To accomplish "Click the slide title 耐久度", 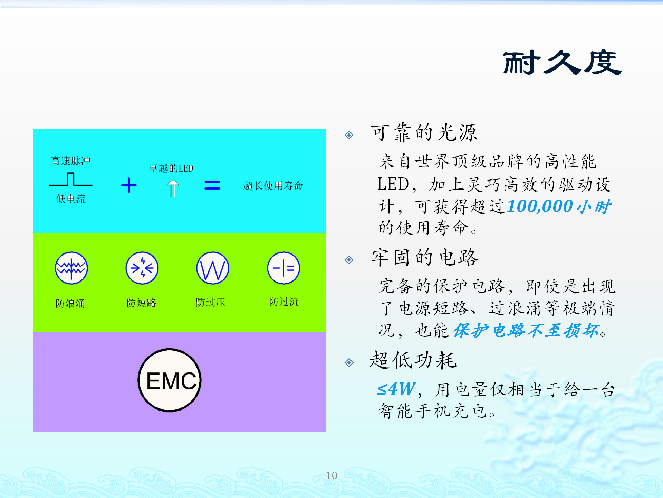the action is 562,63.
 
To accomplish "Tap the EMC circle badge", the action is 170,380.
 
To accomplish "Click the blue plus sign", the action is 129,185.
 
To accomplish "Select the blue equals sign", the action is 212,185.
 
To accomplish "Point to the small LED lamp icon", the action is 173,189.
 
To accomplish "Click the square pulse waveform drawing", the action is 71,179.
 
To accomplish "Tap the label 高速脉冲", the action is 70,161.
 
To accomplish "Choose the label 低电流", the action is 71,199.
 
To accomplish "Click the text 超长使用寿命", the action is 273,186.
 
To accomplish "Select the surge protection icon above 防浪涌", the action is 71,268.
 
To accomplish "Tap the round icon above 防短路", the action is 142,268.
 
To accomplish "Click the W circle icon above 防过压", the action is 213,268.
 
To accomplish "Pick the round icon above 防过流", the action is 284,268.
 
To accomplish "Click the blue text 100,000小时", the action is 559,206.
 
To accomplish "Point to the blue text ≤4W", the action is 396,389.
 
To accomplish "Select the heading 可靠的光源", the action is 424,132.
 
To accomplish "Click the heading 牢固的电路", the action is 425,257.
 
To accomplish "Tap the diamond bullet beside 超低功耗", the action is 349,362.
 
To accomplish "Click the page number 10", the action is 331,476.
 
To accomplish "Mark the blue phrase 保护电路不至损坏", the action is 526,330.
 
